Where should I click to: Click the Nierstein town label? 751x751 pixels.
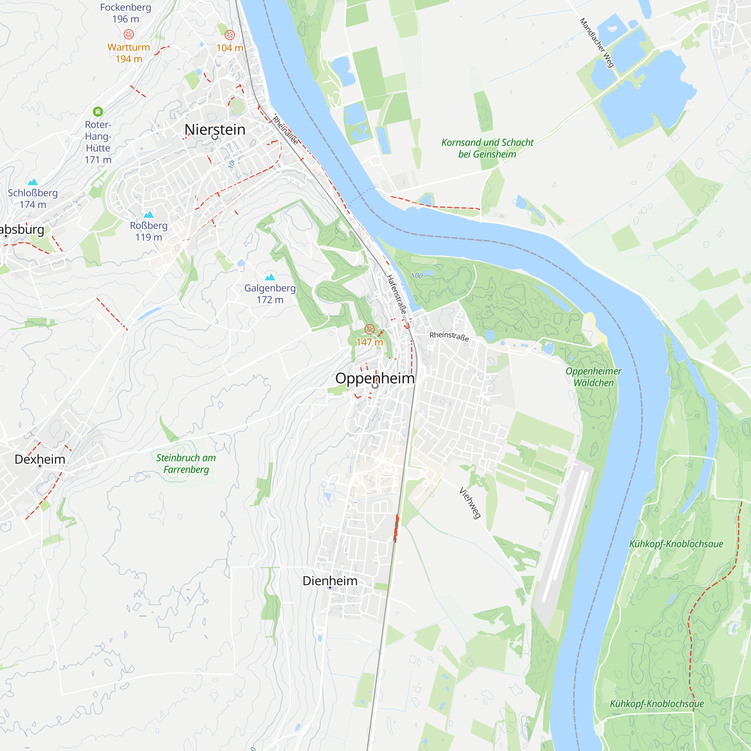pyautogui.click(x=214, y=130)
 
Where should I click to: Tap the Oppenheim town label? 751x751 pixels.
pyautogui.click(x=375, y=378)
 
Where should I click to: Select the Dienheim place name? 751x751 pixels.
pyautogui.click(x=330, y=581)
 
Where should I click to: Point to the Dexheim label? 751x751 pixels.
pyautogui.click(x=40, y=459)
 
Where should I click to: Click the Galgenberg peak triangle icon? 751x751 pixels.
pyautogui.click(x=270, y=277)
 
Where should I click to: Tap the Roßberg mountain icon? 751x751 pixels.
pyautogui.click(x=148, y=214)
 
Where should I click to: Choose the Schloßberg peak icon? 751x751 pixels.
pyautogui.click(x=33, y=182)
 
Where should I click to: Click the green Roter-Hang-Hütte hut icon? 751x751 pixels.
pyautogui.click(x=98, y=112)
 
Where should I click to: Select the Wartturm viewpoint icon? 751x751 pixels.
pyautogui.click(x=129, y=35)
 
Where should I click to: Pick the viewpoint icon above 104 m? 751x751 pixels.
pyautogui.click(x=230, y=35)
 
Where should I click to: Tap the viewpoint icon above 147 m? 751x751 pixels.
pyautogui.click(x=369, y=330)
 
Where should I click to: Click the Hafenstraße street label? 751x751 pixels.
pyautogui.click(x=397, y=294)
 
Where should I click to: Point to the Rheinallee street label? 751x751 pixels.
pyautogui.click(x=285, y=130)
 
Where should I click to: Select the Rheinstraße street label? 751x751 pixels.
pyautogui.click(x=449, y=336)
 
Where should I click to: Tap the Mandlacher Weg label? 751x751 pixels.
pyautogui.click(x=597, y=43)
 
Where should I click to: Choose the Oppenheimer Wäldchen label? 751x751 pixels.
pyautogui.click(x=593, y=377)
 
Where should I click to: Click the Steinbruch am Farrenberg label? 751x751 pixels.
pyautogui.click(x=186, y=463)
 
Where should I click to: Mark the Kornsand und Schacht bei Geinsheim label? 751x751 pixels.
pyautogui.click(x=487, y=148)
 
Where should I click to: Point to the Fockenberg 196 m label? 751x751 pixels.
pyautogui.click(x=125, y=13)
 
